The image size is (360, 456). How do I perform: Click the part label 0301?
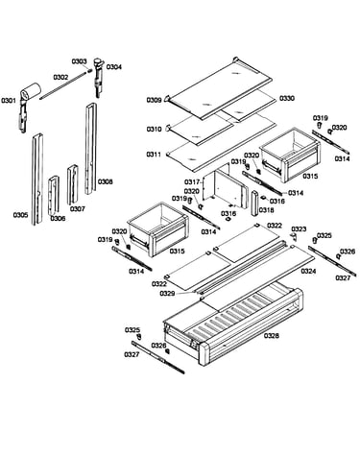(x=8, y=101)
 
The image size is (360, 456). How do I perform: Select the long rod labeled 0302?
(x=63, y=84)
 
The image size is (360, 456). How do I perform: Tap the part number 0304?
(x=114, y=67)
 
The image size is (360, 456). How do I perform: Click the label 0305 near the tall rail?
(x=20, y=215)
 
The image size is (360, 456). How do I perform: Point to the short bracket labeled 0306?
(x=53, y=195)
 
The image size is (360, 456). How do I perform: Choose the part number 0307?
(x=78, y=209)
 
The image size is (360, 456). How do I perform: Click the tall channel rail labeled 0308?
(x=91, y=149)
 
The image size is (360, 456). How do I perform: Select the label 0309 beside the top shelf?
(x=154, y=101)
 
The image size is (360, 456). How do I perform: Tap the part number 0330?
(x=287, y=99)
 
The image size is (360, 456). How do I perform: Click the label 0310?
(x=154, y=130)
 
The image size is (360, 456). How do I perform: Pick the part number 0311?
(x=154, y=155)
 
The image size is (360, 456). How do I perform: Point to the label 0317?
(x=192, y=182)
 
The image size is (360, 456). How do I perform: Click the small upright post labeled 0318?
(x=255, y=204)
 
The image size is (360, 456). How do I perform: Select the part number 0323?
(x=299, y=229)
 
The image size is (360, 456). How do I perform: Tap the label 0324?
(x=308, y=272)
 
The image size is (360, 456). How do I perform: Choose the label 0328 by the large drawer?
(x=272, y=336)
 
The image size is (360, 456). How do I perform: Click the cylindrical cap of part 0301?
(x=31, y=89)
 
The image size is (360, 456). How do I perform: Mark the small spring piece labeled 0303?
(x=90, y=71)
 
